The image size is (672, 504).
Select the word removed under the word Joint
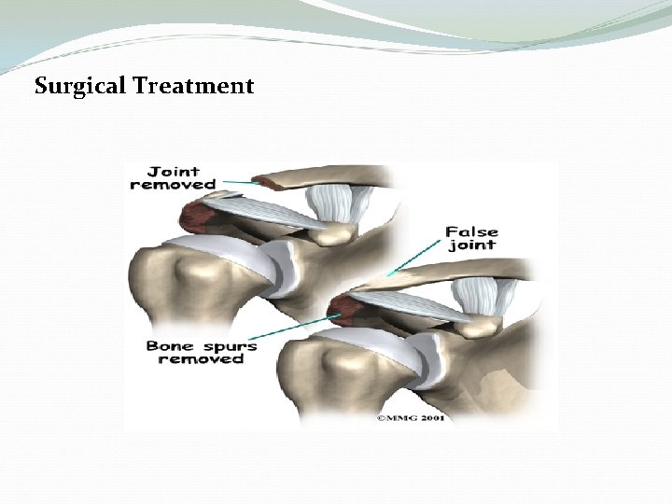coord(173,184)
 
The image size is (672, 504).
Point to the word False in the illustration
coord(471,231)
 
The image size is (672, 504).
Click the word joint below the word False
coord(471,245)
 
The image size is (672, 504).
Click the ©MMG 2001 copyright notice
coord(411,417)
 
